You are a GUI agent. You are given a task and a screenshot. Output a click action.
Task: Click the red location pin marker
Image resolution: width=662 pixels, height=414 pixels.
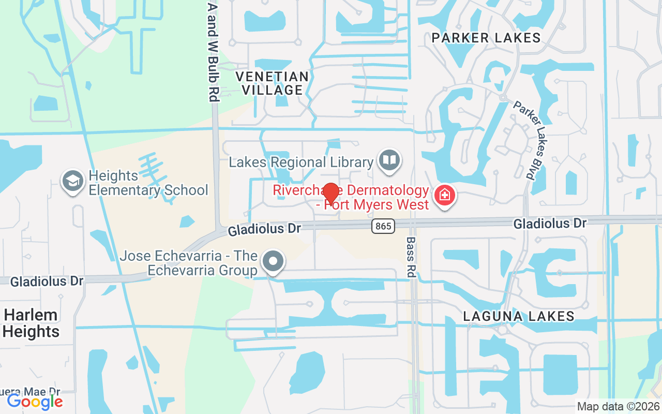click(x=330, y=194)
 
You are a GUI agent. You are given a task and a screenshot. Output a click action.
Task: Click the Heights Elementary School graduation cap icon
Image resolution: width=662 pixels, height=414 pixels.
click(x=73, y=181)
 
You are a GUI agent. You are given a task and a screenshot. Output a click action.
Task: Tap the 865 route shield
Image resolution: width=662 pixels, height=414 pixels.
click(x=383, y=226)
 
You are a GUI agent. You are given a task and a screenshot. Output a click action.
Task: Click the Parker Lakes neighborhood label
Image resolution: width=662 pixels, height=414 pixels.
click(x=486, y=38)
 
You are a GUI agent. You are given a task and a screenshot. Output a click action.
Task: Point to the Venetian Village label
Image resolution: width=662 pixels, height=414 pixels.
click(x=272, y=83)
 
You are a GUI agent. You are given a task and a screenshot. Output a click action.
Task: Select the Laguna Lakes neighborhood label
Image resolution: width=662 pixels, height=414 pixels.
click(x=519, y=316)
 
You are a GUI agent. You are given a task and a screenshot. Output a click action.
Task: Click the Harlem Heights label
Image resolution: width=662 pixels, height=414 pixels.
click(x=31, y=323)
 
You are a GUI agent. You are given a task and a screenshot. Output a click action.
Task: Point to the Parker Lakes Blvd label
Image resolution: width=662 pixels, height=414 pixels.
click(x=523, y=140)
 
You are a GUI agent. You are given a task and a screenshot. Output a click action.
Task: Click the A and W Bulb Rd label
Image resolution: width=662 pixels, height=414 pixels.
click(x=213, y=52)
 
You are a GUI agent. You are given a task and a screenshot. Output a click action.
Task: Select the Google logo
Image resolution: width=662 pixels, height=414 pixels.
click(x=35, y=401)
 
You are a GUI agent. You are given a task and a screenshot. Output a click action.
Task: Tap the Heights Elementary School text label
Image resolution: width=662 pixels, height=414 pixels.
click(x=148, y=183)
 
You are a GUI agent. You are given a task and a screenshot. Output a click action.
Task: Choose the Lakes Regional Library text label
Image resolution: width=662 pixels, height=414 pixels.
click(x=301, y=162)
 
